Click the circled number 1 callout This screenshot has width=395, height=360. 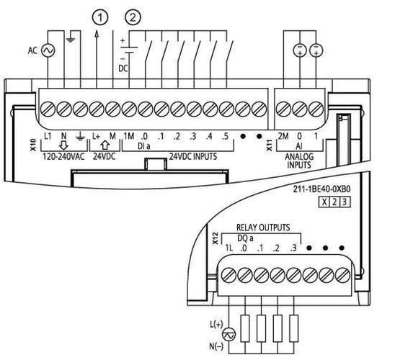coord(100,17)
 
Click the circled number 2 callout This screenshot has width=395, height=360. coord(133,17)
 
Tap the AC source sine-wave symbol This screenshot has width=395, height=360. coord(48,50)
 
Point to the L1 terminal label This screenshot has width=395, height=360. coord(48,136)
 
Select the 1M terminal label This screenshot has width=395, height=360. coord(129,136)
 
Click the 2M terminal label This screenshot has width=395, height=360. coord(283,136)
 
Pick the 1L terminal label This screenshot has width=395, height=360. coord(228,248)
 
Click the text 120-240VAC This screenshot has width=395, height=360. coord(63,157)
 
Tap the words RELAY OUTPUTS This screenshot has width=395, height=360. coord(263,228)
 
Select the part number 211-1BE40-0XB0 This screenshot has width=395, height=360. coord(321,189)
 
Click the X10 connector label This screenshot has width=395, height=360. coord(33,145)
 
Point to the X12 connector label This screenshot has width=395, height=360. coord(215,238)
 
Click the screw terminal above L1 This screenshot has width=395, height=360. coord(48,109)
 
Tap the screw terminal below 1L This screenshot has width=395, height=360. coord(228,275)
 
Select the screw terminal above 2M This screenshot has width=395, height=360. coord(283,109)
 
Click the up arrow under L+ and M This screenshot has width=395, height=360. coord(105,145)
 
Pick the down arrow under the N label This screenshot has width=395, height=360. coord(64,145)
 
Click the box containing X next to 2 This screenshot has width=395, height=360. coord(324,202)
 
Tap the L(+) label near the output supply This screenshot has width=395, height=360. coord(216,325)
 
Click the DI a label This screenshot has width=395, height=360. coord(144,146)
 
